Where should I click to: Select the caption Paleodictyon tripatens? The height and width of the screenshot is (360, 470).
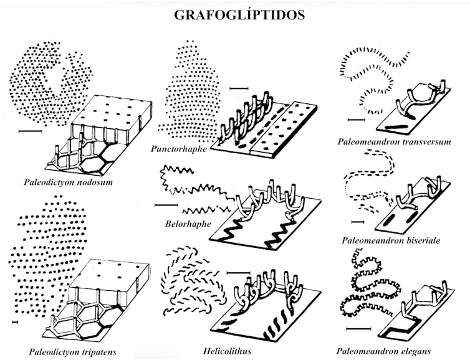[x=72, y=352]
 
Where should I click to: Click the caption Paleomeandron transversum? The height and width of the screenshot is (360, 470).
[x=394, y=141]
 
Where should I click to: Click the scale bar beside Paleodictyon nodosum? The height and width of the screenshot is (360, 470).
[x=30, y=131]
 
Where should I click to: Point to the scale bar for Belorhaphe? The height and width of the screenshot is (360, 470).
[x=165, y=204]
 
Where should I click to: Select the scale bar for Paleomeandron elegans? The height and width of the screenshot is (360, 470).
[x=353, y=327]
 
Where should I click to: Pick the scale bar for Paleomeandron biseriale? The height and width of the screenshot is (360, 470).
[x=358, y=220]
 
